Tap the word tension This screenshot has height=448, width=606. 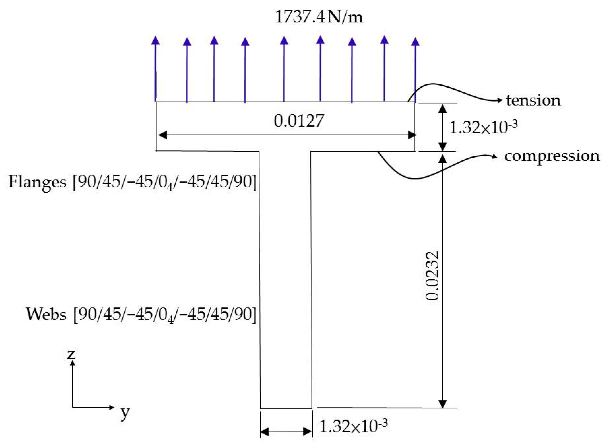[x=533, y=101]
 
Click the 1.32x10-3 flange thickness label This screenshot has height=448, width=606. [x=483, y=127]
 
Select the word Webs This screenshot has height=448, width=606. [x=46, y=315]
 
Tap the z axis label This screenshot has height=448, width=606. [x=71, y=354]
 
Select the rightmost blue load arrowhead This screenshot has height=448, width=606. [x=415, y=42]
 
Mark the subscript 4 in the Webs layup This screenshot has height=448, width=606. [x=170, y=320]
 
